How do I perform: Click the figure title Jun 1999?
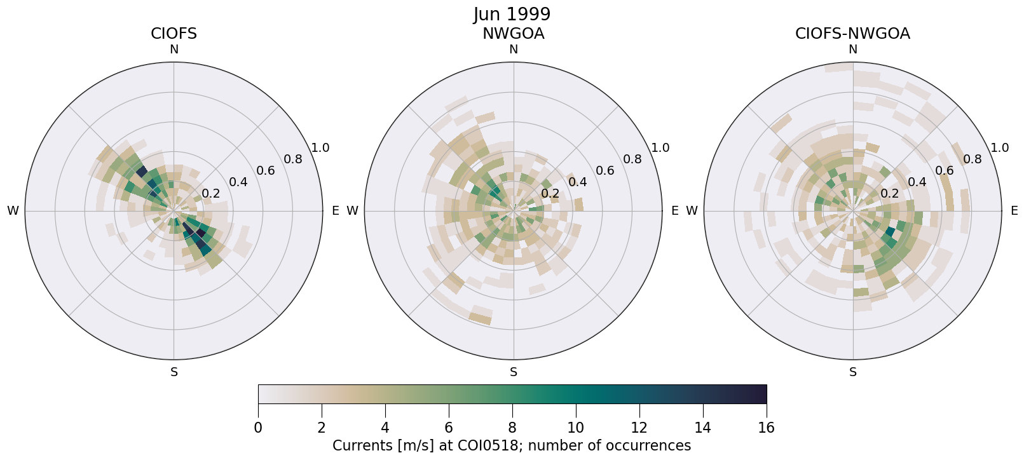pyautogui.click(x=512, y=14)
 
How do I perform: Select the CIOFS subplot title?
pyautogui.click(x=174, y=34)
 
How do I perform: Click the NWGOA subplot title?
pyautogui.click(x=513, y=34)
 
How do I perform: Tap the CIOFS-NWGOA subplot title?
pyautogui.click(x=852, y=34)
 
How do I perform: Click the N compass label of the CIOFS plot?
pyautogui.click(x=174, y=50)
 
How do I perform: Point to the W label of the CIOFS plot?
pyautogui.click(x=13, y=211)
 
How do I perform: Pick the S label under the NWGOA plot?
pyautogui.click(x=514, y=372)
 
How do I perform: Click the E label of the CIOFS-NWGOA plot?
pyautogui.click(x=1014, y=211)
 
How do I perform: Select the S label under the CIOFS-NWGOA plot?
pyautogui.click(x=853, y=372)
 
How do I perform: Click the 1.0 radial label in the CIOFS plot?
pyautogui.click(x=320, y=148)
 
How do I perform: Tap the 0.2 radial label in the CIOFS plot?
pyautogui.click(x=210, y=194)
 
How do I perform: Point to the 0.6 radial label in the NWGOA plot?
pyautogui.click(x=605, y=170)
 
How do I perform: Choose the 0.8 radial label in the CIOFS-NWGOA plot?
pyautogui.click(x=973, y=159)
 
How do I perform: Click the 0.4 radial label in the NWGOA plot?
pyautogui.click(x=578, y=182)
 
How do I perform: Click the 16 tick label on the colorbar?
pyautogui.click(x=767, y=428)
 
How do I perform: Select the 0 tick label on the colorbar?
pyautogui.click(x=258, y=428)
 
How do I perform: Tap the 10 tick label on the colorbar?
pyautogui.click(x=576, y=428)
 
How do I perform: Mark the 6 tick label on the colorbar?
pyautogui.click(x=449, y=428)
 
